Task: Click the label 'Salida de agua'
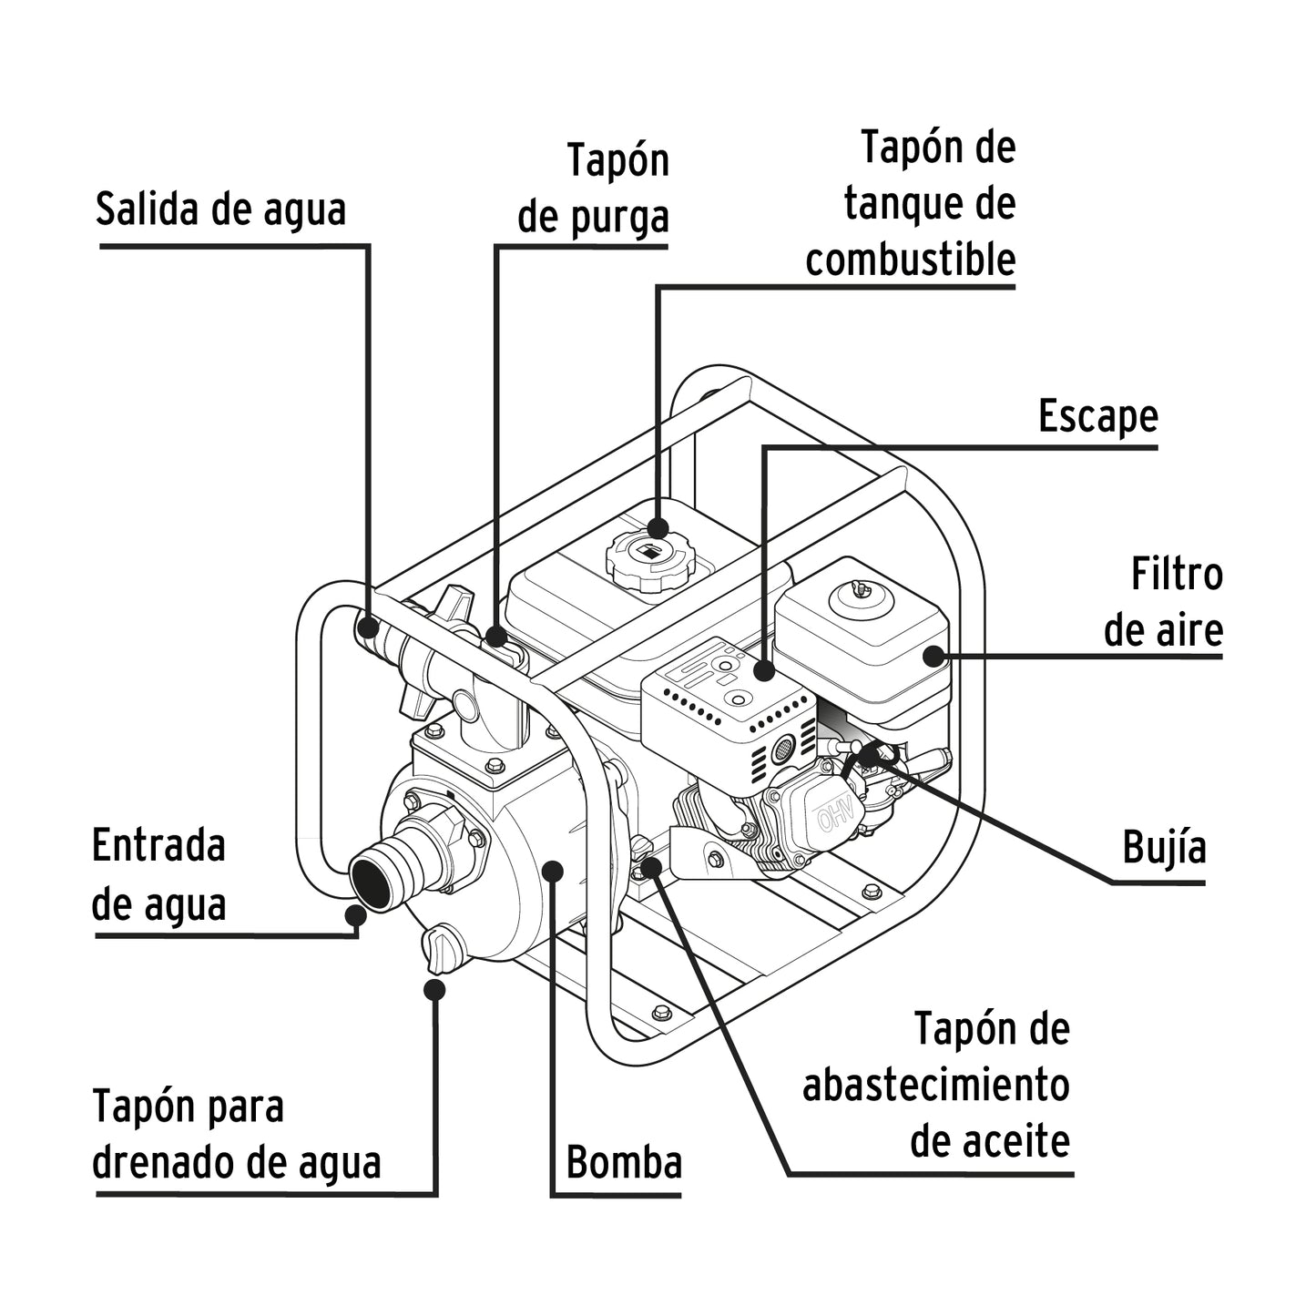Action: (220, 209)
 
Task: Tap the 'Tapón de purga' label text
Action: (594, 189)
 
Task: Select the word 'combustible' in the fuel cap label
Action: (910, 260)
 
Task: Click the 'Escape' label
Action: (1097, 417)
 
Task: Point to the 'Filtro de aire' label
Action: (1163, 603)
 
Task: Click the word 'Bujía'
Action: (1164, 847)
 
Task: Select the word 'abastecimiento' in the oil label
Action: (935, 1086)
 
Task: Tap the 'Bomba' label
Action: (624, 1163)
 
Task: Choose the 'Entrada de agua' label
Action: (159, 874)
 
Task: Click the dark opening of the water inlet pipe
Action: (372, 881)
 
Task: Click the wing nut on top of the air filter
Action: (861, 592)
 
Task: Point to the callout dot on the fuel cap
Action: (658, 527)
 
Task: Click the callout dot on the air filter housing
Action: (933, 656)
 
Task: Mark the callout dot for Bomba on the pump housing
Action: (552, 870)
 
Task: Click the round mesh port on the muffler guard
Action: (782, 751)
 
